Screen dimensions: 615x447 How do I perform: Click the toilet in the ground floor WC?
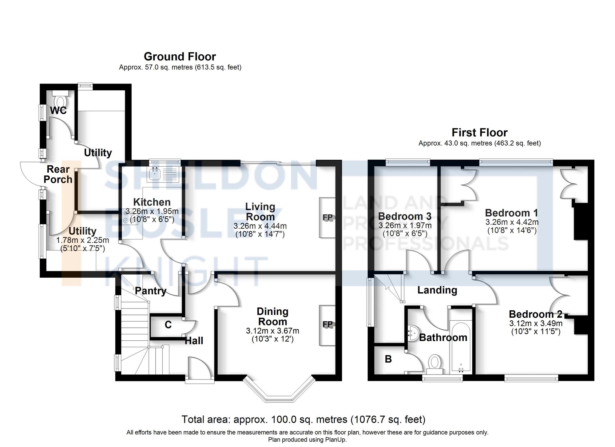click(x=60, y=98)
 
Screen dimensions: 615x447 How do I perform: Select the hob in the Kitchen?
click(x=129, y=216)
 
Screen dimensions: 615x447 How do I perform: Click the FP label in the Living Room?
click(x=328, y=218)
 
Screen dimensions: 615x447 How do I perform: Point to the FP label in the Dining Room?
click(x=328, y=324)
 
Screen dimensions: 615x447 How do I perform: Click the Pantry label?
click(x=151, y=291)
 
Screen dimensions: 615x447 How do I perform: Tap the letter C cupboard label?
click(x=168, y=325)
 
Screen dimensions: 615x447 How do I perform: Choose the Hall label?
click(x=194, y=341)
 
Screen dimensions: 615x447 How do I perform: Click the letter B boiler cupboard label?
click(x=388, y=359)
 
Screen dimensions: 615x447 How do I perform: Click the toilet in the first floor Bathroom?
click(x=434, y=364)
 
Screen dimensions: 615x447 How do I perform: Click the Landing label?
click(x=437, y=290)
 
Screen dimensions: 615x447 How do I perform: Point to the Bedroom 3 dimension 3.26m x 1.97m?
click(x=405, y=225)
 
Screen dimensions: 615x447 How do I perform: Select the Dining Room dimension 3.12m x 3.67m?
click(x=272, y=331)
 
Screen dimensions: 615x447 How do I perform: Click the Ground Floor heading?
click(x=180, y=57)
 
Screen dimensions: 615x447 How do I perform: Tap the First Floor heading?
click(x=479, y=132)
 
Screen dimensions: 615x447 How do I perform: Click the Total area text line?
click(x=304, y=419)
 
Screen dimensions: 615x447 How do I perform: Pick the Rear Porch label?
click(x=58, y=174)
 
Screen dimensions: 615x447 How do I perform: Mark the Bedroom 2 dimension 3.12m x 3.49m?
click(x=536, y=323)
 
